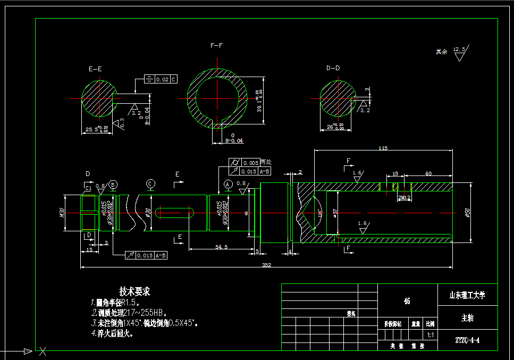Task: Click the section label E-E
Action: [x=96, y=69]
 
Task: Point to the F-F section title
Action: [x=217, y=46]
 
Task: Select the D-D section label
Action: [x=333, y=68]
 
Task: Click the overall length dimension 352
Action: [x=266, y=265]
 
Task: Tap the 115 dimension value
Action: [x=382, y=148]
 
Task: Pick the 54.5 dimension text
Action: [x=222, y=247]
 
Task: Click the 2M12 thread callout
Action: [x=405, y=197]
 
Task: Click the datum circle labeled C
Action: [x=151, y=183]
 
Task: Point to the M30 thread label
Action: [x=62, y=213]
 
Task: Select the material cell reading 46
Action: [x=407, y=301]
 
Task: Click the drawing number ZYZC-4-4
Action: [x=468, y=340]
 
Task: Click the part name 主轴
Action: [x=468, y=318]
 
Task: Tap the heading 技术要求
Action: [x=134, y=292]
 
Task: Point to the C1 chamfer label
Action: [x=88, y=188]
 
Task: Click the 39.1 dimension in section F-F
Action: [x=259, y=101]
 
